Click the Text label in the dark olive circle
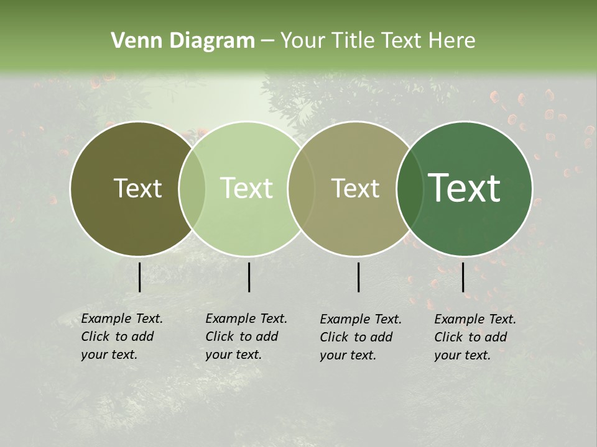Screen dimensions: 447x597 (x=137, y=189)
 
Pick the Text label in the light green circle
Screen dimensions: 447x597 (x=246, y=189)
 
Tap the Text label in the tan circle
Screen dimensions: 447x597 (x=355, y=189)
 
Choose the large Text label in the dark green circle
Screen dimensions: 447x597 (x=465, y=188)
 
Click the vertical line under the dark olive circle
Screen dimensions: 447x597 (x=139, y=277)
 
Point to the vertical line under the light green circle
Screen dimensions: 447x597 (x=249, y=277)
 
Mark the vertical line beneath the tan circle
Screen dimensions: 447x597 (x=359, y=277)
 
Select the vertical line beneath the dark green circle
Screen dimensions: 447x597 (x=463, y=277)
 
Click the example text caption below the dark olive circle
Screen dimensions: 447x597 (x=122, y=336)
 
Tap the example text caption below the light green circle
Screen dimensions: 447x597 (x=246, y=336)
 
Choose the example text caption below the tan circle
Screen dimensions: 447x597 (x=361, y=337)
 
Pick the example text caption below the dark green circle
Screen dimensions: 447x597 (x=475, y=337)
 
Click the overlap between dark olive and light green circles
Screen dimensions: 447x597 (x=192, y=189)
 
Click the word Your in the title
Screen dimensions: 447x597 (x=303, y=41)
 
